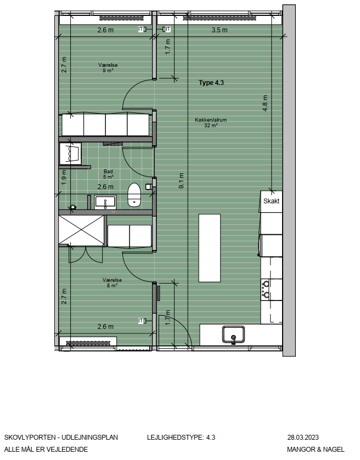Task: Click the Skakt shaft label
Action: point(271,201)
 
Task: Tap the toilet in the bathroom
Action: point(134,195)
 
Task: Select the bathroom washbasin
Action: point(105,202)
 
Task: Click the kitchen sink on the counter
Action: point(233,335)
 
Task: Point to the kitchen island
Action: point(210,248)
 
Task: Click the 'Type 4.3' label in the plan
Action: point(211,83)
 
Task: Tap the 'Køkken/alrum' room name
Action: point(211,120)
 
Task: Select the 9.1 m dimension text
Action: point(181,180)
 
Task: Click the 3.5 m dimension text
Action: point(220,30)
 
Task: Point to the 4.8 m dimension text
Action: point(265,103)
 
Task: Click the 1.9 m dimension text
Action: point(64,178)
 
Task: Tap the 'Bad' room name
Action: point(108,171)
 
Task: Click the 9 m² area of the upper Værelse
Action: point(108,71)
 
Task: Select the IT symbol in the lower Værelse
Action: point(141,321)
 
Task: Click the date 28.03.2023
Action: point(303,438)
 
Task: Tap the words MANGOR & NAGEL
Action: point(316,450)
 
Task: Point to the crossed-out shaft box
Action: point(81,230)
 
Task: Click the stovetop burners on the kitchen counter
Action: point(266,289)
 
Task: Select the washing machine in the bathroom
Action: point(70,154)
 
